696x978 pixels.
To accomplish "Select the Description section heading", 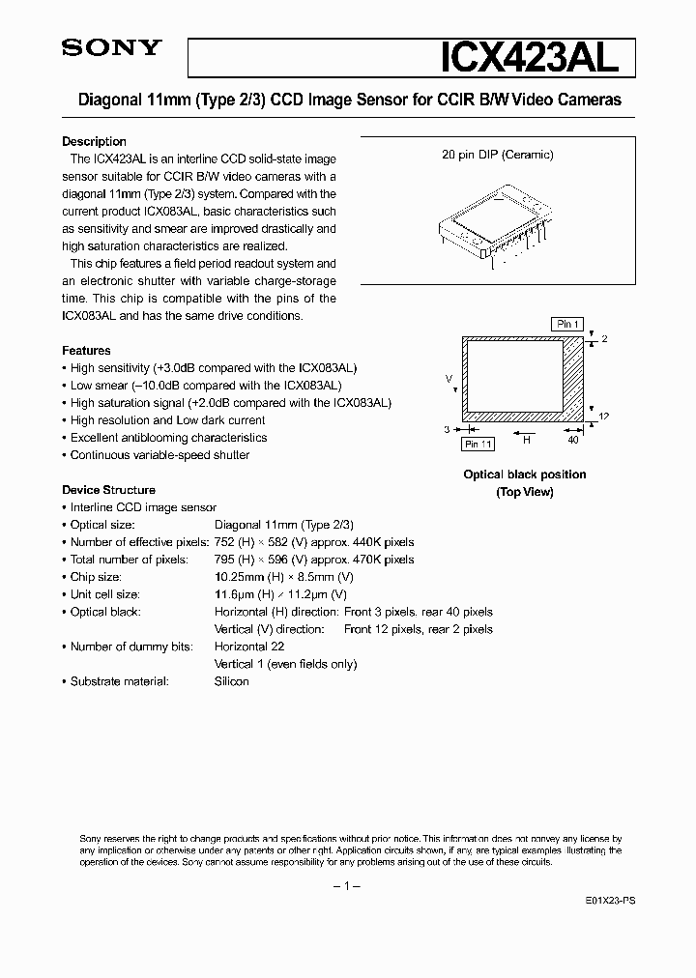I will pos(94,141).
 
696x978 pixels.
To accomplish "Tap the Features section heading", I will pos(86,351).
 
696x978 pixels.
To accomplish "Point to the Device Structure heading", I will pos(108,490).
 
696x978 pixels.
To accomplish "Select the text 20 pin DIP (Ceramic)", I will pos(497,155).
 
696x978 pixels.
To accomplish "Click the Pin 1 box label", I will pos(565,324).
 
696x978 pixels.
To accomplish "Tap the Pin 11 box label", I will pos(478,444).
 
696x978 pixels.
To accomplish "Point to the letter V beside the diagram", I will pos(449,379).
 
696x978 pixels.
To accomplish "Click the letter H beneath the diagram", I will pos(526,439).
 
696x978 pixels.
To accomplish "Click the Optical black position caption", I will pos(524,475).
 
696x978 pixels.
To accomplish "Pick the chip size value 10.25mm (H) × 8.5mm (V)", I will pos(280,577).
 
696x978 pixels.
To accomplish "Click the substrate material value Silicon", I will pos(231,681).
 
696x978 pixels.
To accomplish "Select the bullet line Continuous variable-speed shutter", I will pos(159,455).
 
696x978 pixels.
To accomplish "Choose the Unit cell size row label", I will pos(104,594).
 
